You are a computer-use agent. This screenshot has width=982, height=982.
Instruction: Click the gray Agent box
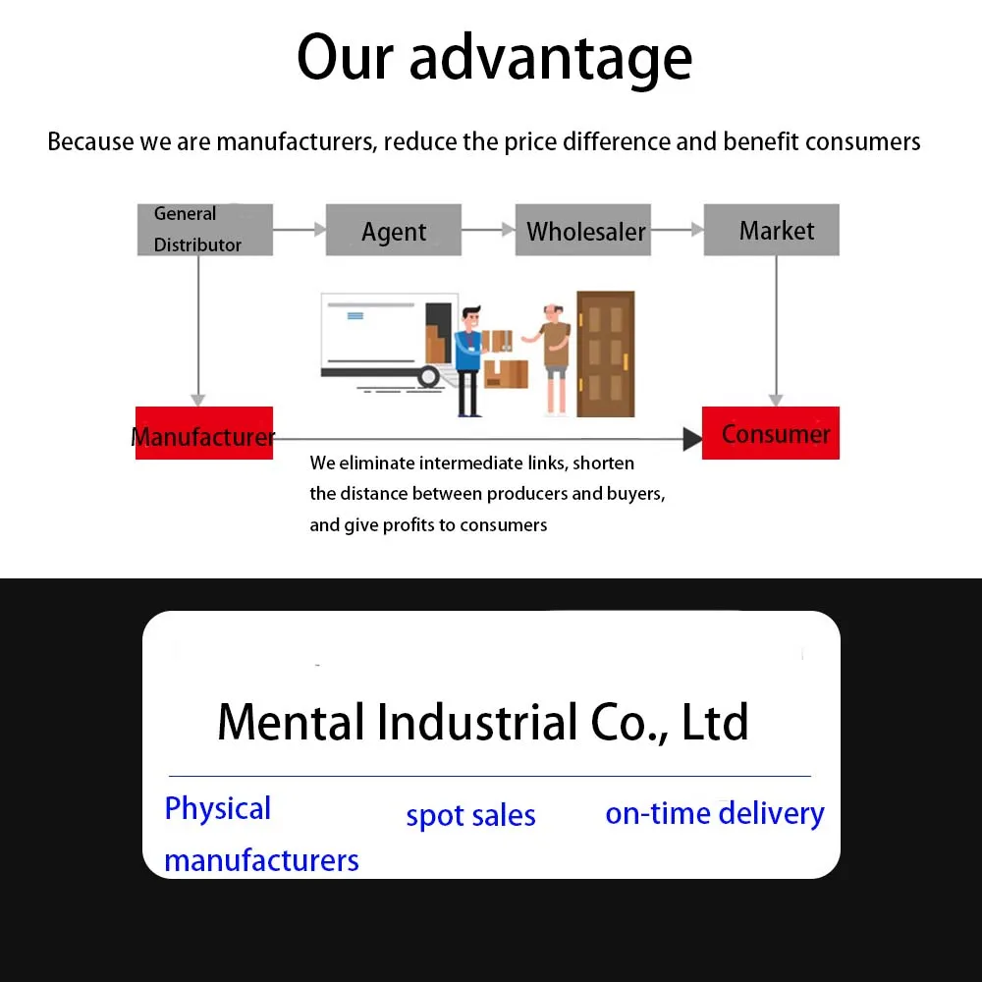pyautogui.click(x=394, y=230)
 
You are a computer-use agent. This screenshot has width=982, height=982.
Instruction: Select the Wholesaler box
pyautogui.click(x=583, y=230)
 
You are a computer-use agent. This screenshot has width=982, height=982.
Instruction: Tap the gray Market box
pyautogui.click(x=772, y=230)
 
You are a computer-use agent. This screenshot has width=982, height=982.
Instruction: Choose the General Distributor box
pyautogui.click(x=205, y=230)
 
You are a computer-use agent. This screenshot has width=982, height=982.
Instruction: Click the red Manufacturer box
pyautogui.click(x=204, y=433)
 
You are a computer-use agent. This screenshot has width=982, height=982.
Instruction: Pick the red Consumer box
pyautogui.click(x=771, y=433)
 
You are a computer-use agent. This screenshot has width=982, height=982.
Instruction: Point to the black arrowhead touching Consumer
pyautogui.click(x=692, y=439)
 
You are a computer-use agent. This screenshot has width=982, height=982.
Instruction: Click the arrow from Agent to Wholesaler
pyautogui.click(x=488, y=230)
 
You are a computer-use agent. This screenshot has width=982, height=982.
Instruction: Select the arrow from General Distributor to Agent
pyautogui.click(x=300, y=230)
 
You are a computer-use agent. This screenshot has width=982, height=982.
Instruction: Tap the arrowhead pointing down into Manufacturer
pyautogui.click(x=198, y=401)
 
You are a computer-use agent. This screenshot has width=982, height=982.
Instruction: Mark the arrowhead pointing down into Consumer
pyautogui.click(x=776, y=401)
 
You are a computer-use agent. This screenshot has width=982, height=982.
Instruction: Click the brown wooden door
pyautogui.click(x=606, y=354)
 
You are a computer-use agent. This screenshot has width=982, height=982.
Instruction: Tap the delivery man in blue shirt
pyautogui.click(x=468, y=360)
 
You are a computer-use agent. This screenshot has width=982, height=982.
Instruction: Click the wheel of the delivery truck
pyautogui.click(x=429, y=376)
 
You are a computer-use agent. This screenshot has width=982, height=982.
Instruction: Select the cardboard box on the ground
pyautogui.click(x=506, y=374)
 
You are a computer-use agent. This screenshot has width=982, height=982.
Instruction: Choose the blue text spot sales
pyautogui.click(x=471, y=816)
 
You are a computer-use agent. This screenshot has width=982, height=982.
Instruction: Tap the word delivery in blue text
pyautogui.click(x=771, y=813)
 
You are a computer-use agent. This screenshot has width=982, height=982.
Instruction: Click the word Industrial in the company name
pyautogui.click(x=476, y=722)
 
